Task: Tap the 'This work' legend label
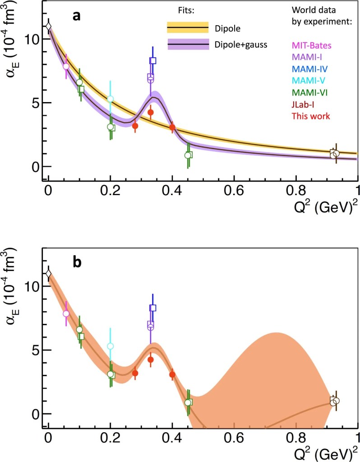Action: [x=311, y=116]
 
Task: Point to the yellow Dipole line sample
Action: [x=188, y=28]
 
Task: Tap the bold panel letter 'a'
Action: [x=77, y=17]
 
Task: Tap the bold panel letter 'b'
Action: [x=77, y=263]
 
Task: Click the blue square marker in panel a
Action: [x=153, y=61]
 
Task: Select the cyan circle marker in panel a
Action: [x=110, y=99]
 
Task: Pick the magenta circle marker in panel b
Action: [x=66, y=313]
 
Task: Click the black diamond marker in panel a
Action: [x=48, y=27]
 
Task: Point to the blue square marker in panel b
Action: [x=153, y=308]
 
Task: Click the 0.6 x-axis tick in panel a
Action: [x=234, y=189]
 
